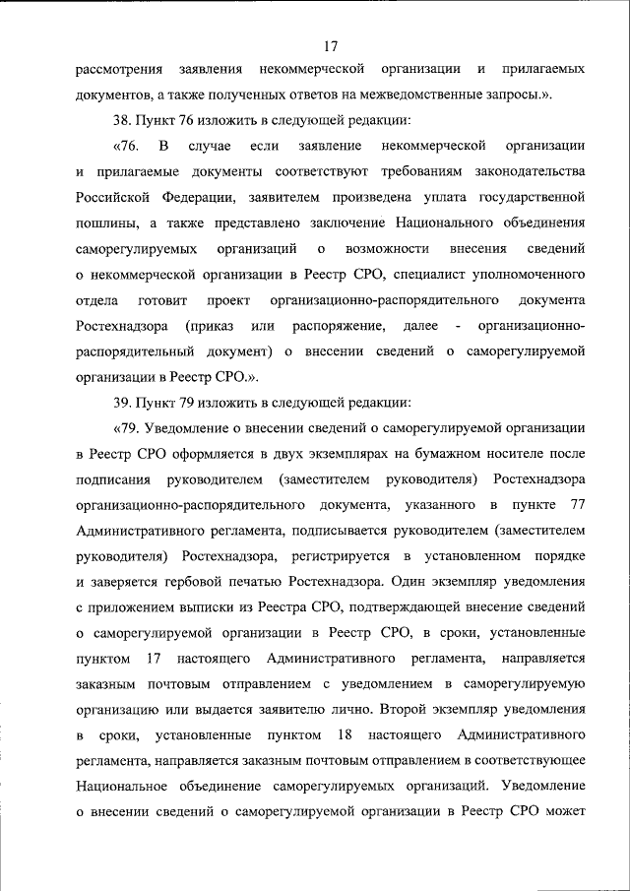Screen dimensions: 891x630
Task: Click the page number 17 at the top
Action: pyautogui.click(x=330, y=45)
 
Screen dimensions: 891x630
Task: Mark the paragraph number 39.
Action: pyautogui.click(x=125, y=403)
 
